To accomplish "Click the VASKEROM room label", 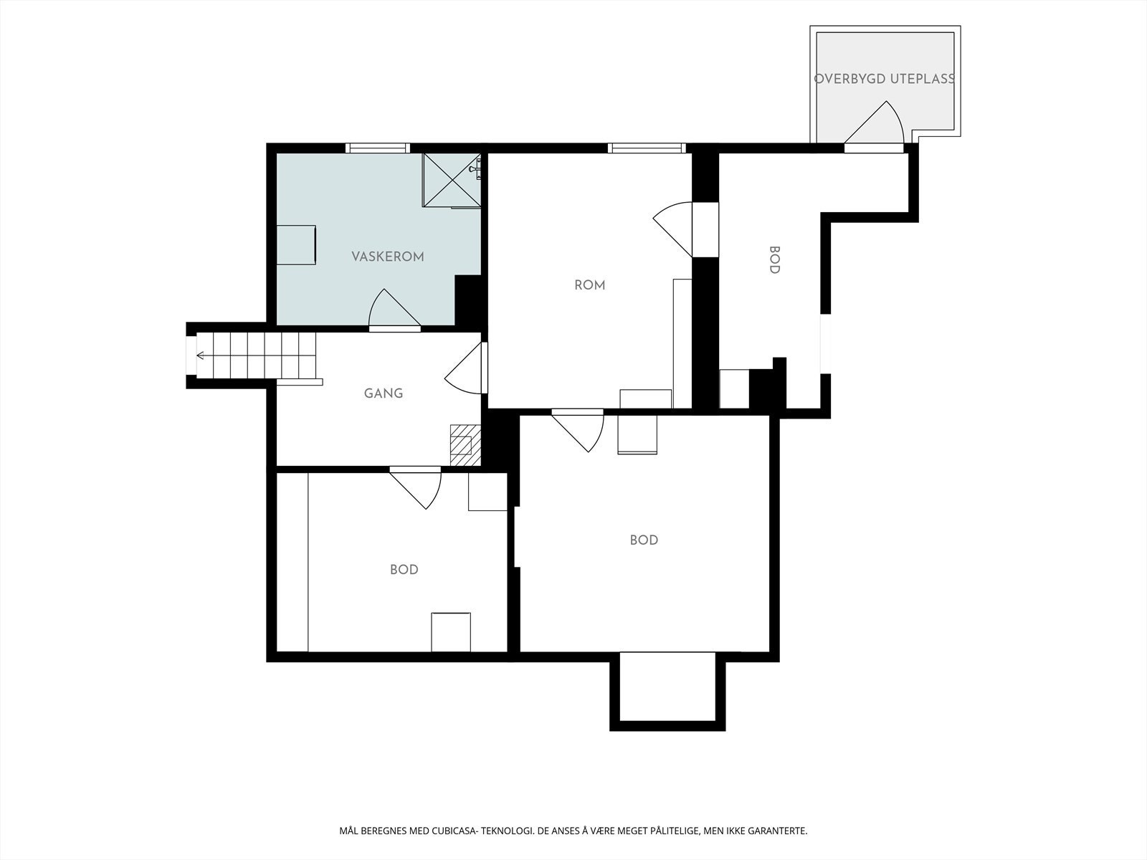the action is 387,257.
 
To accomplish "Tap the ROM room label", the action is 589,285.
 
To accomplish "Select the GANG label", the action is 384,393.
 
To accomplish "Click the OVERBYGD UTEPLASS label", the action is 885,79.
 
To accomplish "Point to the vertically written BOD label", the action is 774,260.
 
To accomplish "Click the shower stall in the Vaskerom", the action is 452,180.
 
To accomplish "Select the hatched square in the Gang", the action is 465,444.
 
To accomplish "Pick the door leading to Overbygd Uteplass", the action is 874,126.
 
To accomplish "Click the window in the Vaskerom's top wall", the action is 377,148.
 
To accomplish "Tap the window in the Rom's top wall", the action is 647,148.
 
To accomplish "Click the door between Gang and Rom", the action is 466,368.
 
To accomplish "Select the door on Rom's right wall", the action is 685,230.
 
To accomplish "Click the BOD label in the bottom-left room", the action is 404,570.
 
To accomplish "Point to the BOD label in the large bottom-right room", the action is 644,540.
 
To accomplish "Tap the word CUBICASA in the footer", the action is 454,831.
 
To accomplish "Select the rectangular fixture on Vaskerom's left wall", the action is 296,245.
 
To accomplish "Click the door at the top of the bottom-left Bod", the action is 415,488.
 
